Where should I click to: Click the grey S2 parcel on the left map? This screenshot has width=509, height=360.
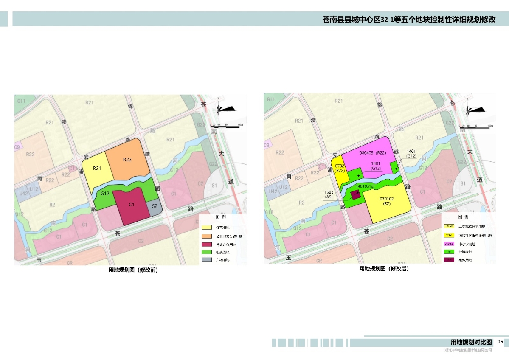[x=155, y=207]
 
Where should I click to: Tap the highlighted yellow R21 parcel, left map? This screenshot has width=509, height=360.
[x=97, y=170]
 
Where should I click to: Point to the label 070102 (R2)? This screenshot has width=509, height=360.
[x=386, y=200]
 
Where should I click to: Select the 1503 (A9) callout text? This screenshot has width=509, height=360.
[x=329, y=194]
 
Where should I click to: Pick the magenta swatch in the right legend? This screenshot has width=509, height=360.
[x=449, y=244]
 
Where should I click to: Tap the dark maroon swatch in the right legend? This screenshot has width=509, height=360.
[x=449, y=260]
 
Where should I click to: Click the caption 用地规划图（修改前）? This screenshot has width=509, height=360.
[x=133, y=270]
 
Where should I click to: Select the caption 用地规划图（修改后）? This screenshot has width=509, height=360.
[x=384, y=269]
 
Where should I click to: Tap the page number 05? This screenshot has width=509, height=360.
[x=500, y=342]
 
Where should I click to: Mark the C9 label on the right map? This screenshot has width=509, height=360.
[x=267, y=146]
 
